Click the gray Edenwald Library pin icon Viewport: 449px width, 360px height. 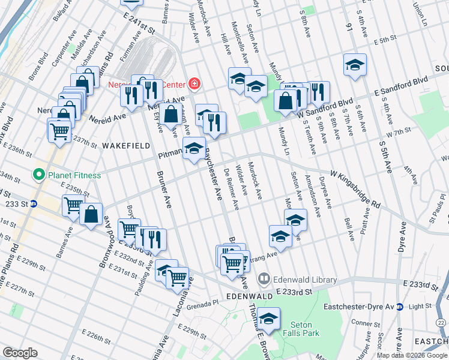264,279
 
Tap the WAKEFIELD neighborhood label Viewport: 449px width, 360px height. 125,146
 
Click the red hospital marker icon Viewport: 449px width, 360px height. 194,83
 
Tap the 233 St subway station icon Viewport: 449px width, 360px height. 34,203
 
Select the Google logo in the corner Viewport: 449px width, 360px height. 20,353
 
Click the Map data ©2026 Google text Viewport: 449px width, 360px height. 412,355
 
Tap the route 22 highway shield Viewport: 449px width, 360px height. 441,323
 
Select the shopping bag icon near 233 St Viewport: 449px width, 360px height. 91,215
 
